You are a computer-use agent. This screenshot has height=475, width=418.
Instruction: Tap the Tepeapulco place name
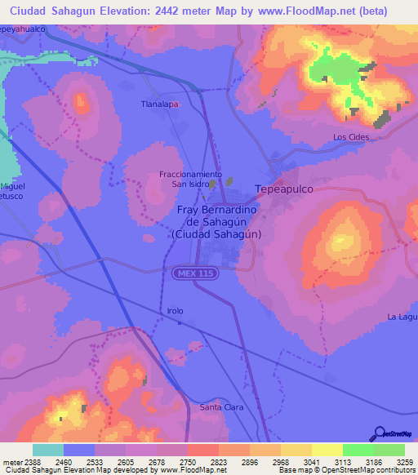[284, 189]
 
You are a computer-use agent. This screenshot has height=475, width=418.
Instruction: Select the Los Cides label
[351, 137]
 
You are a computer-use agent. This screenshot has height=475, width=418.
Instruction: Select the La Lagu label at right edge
[402, 317]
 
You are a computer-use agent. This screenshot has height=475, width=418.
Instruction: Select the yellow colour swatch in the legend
[327, 450]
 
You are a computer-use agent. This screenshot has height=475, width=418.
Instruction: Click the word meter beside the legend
[11, 462]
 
